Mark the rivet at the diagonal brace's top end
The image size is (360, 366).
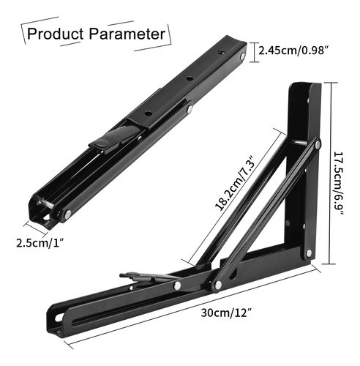(317, 143)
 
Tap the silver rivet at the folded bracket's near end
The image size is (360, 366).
(67, 214)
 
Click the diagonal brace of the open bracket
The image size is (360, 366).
(271, 212)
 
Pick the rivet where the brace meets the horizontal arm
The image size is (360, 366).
(217, 284)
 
